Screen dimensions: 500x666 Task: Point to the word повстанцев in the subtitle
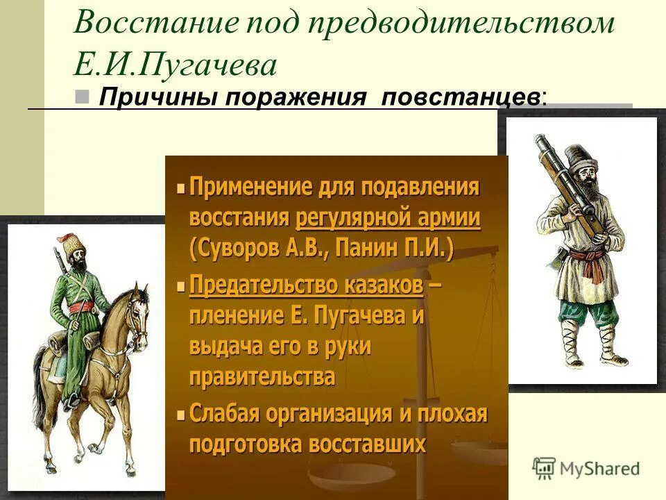click(x=461, y=97)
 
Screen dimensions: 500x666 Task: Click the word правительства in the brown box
click(x=262, y=377)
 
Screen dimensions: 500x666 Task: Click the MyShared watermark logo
click(x=587, y=467)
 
